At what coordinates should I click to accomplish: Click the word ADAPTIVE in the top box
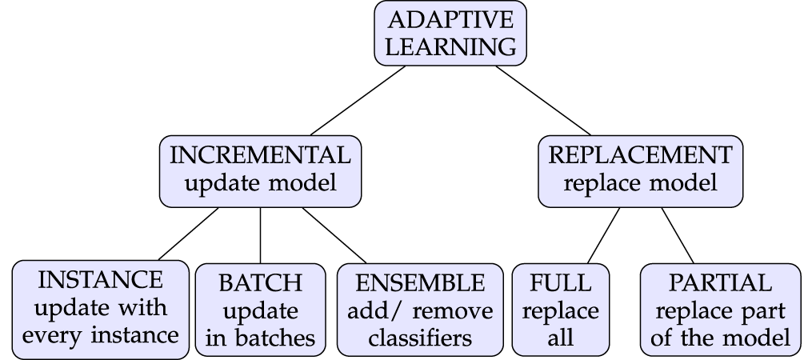coord(450,20)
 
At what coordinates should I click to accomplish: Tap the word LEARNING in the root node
coord(450,46)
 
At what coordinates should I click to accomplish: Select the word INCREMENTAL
coord(260,155)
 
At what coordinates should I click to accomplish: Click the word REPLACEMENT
coord(641,155)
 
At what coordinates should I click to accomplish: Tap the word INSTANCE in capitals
coord(101,280)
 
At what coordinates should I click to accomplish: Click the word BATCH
coord(261,283)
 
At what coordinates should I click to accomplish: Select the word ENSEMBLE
coord(420,283)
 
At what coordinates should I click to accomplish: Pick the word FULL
coord(561,283)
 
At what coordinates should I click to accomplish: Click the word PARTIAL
coord(720,283)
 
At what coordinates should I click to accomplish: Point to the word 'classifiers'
coord(420,338)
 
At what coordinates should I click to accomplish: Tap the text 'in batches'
coord(261,338)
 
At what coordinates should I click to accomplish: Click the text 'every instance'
coord(101,335)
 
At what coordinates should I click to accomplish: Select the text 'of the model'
coord(720,338)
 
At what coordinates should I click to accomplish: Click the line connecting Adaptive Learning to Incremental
coord(358,101)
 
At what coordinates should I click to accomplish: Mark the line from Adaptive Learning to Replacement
coord(543,101)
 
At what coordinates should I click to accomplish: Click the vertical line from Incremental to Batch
coord(261,236)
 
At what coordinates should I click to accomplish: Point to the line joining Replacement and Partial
coord(678,236)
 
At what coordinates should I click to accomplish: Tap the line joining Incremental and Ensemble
coord(334,236)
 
